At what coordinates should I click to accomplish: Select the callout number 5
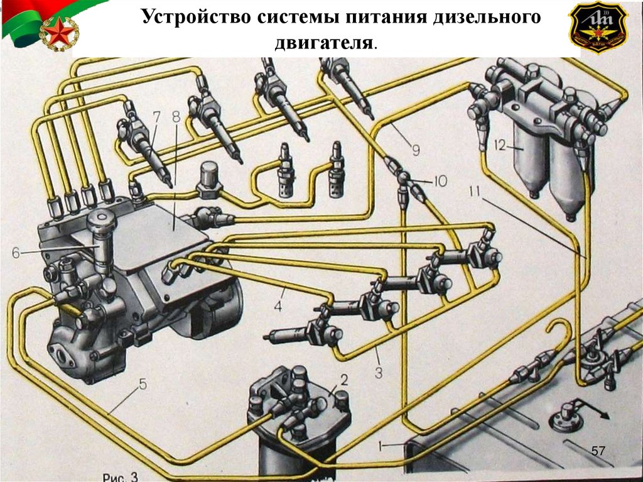tap(143, 383)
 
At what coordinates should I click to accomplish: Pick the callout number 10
tap(439, 182)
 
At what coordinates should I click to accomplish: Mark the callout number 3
tap(378, 373)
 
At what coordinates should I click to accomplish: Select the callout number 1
tap(380, 446)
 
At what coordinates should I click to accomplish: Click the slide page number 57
tap(598, 451)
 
